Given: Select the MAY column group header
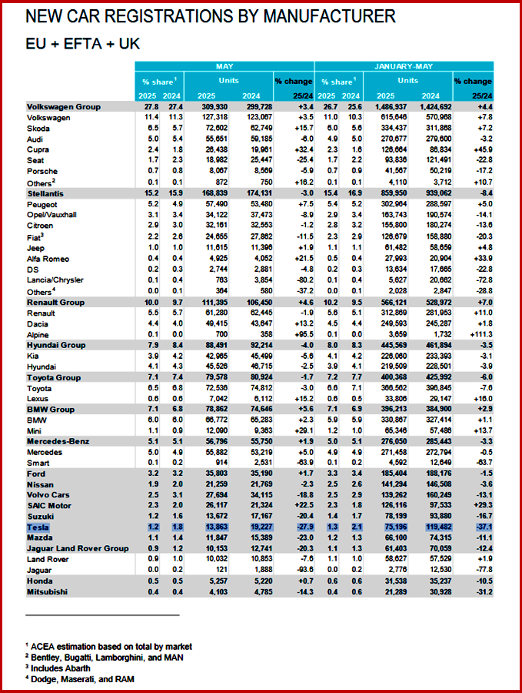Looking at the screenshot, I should coord(224,67).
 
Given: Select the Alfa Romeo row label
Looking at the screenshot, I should coord(50,258).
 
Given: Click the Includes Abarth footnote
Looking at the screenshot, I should coord(69,668).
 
